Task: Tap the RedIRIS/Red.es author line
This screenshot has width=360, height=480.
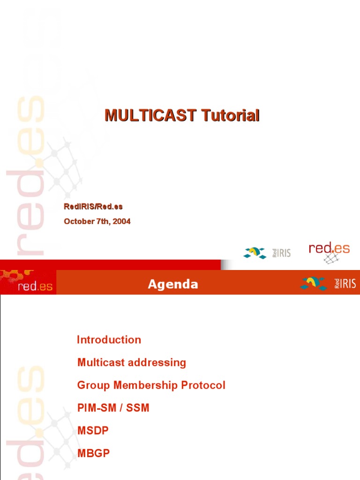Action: pyautogui.click(x=93, y=206)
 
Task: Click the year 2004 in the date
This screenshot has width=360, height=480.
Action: pyautogui.click(x=121, y=222)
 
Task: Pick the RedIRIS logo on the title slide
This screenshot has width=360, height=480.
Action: pyautogui.click(x=267, y=253)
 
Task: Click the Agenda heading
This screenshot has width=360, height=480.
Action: pyautogui.click(x=173, y=285)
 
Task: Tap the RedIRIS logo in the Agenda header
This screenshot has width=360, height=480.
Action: pyautogui.click(x=328, y=283)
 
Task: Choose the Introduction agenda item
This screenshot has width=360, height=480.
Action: pyautogui.click(x=109, y=340)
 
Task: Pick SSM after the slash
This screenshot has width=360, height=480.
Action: pyautogui.click(x=138, y=408)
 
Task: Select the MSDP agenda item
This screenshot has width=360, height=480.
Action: pyautogui.click(x=93, y=431)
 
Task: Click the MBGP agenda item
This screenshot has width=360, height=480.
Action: pyautogui.click(x=93, y=453)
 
